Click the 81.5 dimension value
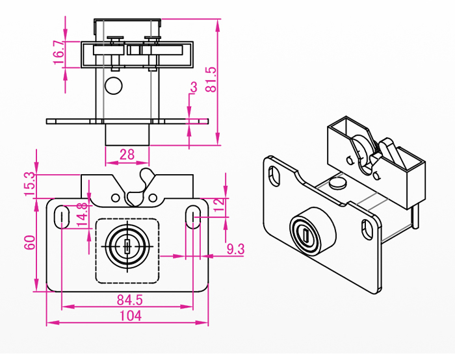210,79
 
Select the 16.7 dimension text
58,53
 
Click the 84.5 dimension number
130,300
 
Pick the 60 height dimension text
29,243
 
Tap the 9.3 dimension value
235,248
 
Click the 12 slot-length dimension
219,206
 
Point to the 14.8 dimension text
82,215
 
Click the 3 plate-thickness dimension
193,87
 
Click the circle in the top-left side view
114,85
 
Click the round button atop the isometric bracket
337,184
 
